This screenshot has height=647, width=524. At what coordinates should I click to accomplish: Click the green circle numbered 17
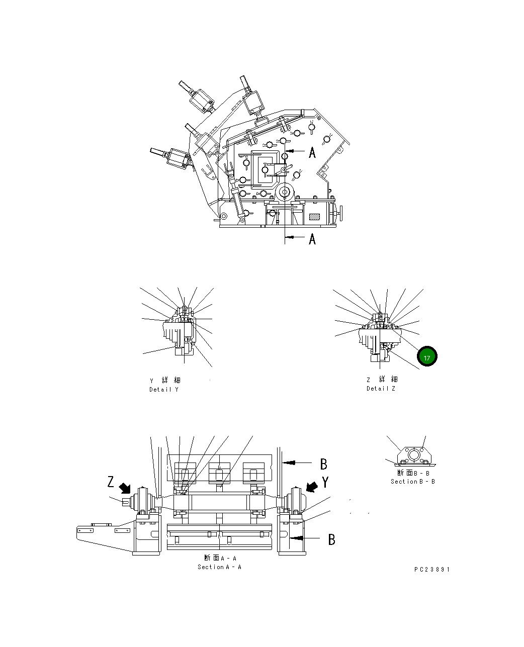(427, 357)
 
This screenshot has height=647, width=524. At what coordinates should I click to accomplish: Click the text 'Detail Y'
(164, 390)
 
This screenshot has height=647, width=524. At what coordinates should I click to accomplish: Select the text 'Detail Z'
(381, 389)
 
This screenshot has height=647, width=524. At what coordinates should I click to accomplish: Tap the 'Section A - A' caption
(220, 567)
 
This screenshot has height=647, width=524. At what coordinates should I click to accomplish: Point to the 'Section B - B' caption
(413, 482)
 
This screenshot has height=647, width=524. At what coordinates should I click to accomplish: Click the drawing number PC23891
(432, 570)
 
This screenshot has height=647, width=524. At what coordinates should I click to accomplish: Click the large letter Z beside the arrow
(111, 482)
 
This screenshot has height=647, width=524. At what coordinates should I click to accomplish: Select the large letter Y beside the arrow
(325, 483)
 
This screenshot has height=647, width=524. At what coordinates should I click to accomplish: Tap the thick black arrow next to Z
(125, 488)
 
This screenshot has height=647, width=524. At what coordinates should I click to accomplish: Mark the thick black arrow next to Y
(312, 487)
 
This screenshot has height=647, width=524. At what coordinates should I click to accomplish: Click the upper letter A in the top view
(312, 152)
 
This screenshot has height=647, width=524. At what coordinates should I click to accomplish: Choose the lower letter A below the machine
(312, 239)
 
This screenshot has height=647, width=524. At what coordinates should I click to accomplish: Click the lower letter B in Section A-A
(331, 539)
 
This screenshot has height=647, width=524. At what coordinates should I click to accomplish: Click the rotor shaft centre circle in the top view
(285, 192)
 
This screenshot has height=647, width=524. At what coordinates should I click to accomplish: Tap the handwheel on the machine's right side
(341, 213)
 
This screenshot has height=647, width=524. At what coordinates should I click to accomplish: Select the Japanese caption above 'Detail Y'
(164, 381)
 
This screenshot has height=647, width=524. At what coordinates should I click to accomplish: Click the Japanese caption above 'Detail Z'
(381, 380)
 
